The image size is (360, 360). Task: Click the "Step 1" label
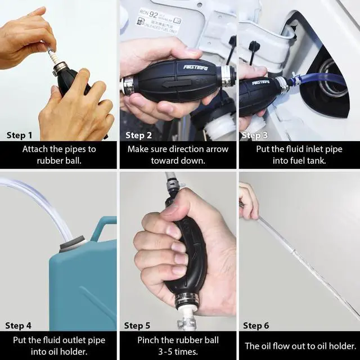point(19,135)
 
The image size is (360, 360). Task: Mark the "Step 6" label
point(256,326)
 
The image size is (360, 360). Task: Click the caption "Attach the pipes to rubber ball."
point(59,155)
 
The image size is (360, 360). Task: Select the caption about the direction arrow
point(178,155)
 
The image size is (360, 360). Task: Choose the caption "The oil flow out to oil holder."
point(300,346)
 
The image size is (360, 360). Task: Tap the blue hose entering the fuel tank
point(321,79)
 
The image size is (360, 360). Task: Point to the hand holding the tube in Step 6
point(247,200)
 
